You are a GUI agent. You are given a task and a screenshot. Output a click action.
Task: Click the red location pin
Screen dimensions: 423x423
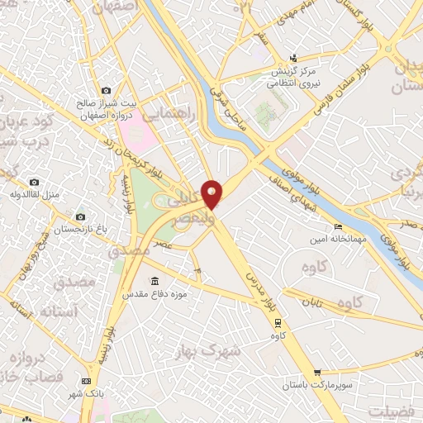coord(212,193)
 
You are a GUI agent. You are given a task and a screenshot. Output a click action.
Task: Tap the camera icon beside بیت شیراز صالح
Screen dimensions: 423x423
coord(105,90)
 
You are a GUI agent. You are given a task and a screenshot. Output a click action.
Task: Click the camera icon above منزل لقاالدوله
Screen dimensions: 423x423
coord(34,182)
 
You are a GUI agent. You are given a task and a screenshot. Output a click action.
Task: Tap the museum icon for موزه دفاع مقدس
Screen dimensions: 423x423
coord(154,281)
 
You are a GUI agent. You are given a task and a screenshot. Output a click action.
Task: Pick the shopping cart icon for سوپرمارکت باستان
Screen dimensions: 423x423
coord(317,373)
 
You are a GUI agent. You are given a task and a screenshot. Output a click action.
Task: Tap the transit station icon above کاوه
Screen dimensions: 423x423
coord(278,324)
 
